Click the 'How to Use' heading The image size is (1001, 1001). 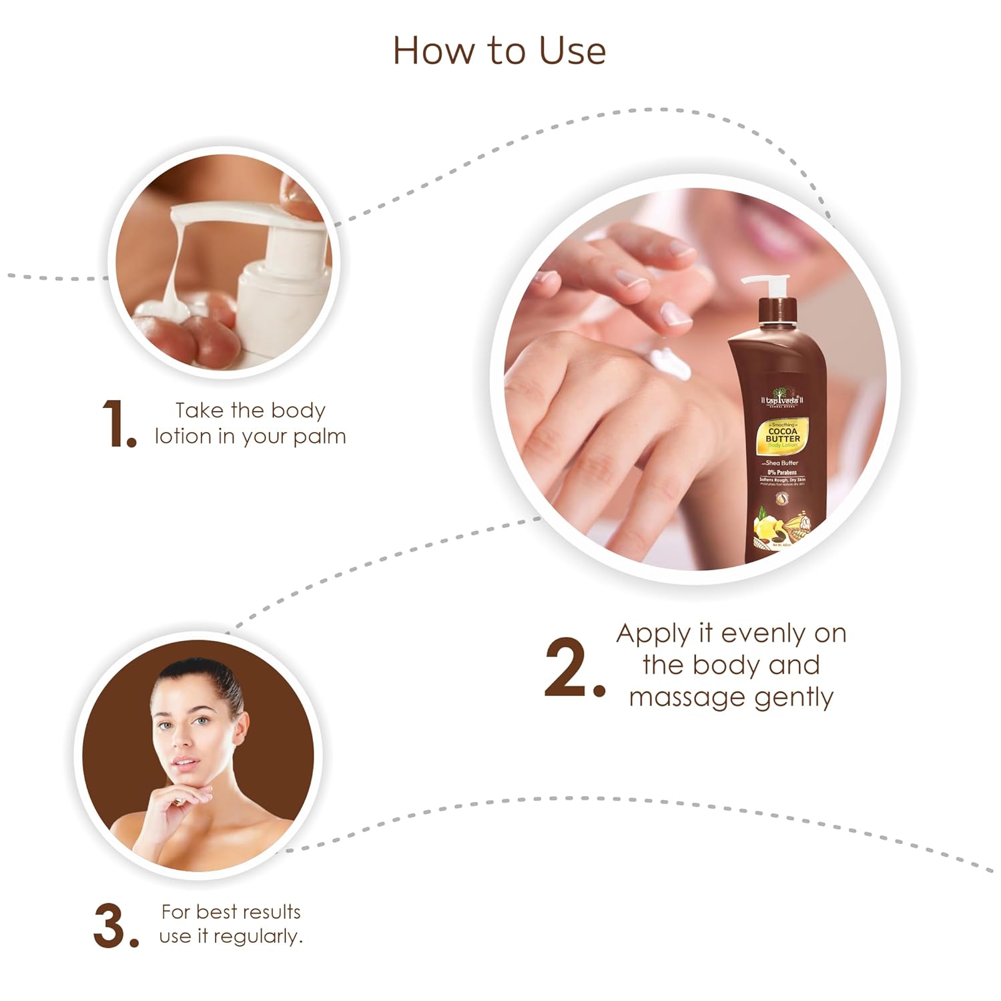[499, 51]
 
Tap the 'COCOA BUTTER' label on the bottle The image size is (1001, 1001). [782, 435]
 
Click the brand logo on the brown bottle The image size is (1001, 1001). [783, 399]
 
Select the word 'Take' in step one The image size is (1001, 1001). [199, 410]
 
